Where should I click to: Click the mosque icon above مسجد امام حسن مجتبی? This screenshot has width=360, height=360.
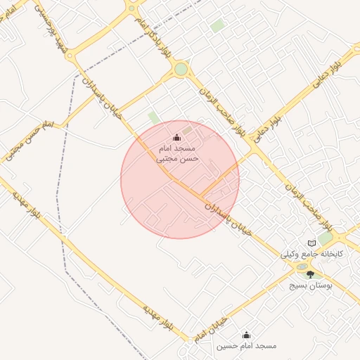click(176, 137)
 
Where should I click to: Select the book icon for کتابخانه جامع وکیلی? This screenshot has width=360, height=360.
click(312, 243)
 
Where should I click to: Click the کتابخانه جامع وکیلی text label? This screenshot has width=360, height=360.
click(311, 254)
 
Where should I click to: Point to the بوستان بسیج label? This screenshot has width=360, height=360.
click(311, 286)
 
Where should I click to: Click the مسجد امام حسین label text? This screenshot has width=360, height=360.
click(246, 346)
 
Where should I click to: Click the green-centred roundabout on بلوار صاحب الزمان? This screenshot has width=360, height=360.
click(181, 70)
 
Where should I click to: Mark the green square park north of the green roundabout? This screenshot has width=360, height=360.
click(217, 26)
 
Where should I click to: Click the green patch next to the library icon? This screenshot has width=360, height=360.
click(325, 238)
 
